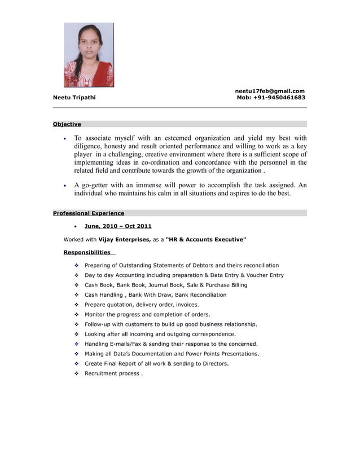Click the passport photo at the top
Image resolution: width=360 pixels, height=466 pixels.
click(x=89, y=55)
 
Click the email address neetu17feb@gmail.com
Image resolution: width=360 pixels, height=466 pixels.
click(x=270, y=91)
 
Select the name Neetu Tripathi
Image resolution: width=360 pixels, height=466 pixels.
click(x=74, y=98)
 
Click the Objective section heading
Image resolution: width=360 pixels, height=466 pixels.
click(x=67, y=124)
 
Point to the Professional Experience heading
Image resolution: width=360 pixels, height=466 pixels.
click(x=89, y=213)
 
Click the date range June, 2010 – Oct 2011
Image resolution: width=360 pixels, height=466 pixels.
click(x=118, y=226)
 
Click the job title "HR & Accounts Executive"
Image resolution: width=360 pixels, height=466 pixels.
click(x=206, y=240)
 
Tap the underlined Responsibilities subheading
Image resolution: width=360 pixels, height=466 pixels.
click(x=87, y=252)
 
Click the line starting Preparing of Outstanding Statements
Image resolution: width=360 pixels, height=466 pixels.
click(x=181, y=265)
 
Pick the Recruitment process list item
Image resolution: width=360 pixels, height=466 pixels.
click(x=113, y=373)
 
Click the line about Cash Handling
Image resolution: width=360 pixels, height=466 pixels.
click(x=155, y=294)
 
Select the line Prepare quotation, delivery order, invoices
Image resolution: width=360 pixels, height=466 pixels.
click(x=141, y=305)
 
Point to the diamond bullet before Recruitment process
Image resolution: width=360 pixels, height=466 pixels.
click(x=76, y=373)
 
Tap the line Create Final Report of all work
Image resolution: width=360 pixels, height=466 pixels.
click(x=156, y=363)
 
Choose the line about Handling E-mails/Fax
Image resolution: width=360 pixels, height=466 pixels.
click(x=171, y=344)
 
